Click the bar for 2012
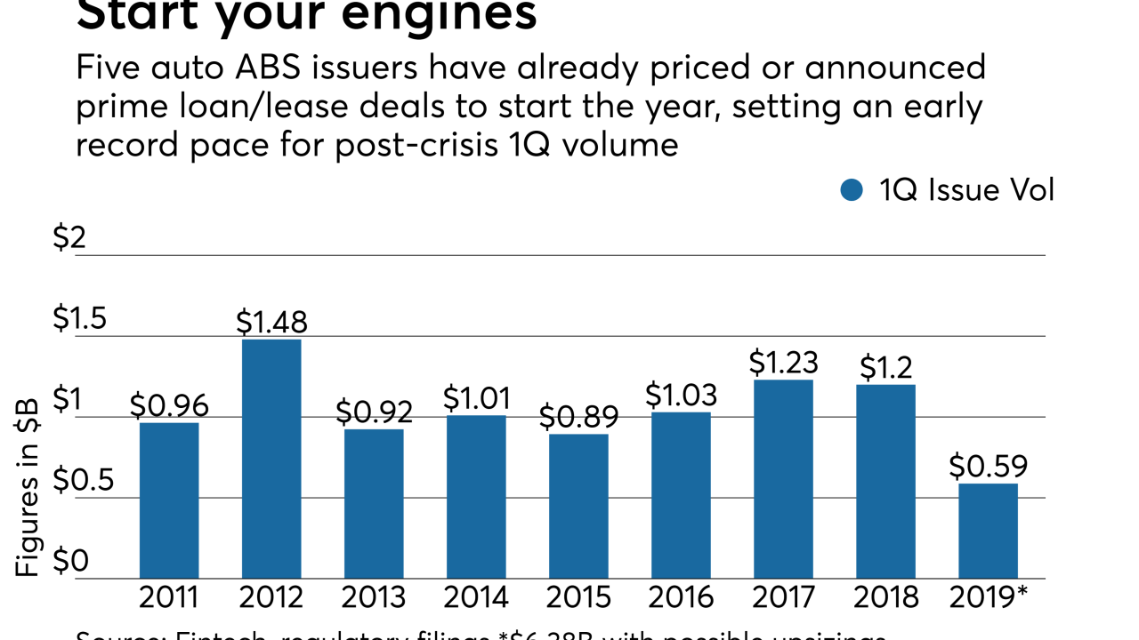(x=271, y=459)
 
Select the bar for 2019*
(x=988, y=531)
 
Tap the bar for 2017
(x=783, y=479)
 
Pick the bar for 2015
(x=578, y=506)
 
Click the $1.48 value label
(x=271, y=323)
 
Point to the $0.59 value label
(x=988, y=467)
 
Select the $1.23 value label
(x=783, y=363)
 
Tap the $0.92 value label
(x=374, y=412)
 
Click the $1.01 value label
(x=476, y=399)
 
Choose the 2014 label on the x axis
(x=476, y=597)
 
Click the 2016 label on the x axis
(x=681, y=597)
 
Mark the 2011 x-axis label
(x=169, y=597)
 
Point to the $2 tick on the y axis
(x=69, y=238)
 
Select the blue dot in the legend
(x=852, y=190)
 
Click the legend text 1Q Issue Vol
(x=966, y=190)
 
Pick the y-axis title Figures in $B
(x=28, y=490)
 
